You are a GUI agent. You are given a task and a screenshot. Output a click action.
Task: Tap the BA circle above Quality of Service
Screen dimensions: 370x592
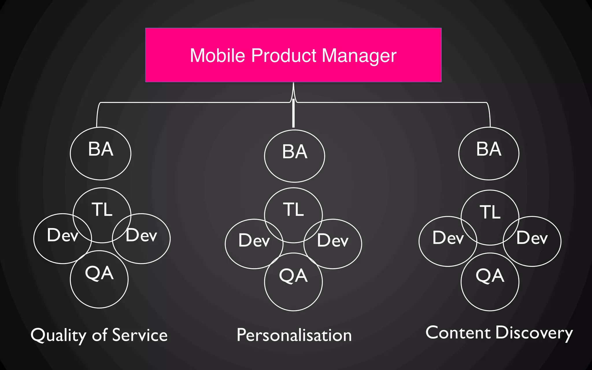coord(101,153)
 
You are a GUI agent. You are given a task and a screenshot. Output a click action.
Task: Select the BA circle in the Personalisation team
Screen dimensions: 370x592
coord(295,156)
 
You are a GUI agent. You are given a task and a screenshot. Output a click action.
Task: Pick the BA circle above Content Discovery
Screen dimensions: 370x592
coord(489,153)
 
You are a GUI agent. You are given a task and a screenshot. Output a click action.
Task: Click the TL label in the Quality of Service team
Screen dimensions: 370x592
coord(102,209)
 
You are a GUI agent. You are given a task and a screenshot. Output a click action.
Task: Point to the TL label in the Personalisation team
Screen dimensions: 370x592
coord(293,209)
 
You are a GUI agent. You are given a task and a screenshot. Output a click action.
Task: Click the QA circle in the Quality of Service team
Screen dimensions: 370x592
coord(99,279)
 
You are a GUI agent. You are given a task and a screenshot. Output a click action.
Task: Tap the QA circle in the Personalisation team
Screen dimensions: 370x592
coord(293,282)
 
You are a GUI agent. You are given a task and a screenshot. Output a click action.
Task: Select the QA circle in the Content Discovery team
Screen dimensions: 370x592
coord(490,282)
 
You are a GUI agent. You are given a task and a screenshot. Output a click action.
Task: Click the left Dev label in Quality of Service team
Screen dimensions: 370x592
coord(62,235)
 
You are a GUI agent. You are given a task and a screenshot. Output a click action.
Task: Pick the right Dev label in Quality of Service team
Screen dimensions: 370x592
coord(141,235)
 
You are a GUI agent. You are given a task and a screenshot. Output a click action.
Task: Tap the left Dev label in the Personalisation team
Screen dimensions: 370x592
coord(254,240)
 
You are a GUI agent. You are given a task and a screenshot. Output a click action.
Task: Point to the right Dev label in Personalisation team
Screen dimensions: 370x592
coord(333,240)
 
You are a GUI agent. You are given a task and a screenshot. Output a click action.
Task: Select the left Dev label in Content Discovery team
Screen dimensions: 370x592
coord(448,238)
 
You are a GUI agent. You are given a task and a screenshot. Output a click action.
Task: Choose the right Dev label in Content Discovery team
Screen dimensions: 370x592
coord(532,238)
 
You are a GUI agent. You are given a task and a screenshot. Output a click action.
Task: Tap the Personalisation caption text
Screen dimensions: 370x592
coord(294,335)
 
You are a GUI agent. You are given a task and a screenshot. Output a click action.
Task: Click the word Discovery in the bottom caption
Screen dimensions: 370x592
coord(534,333)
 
